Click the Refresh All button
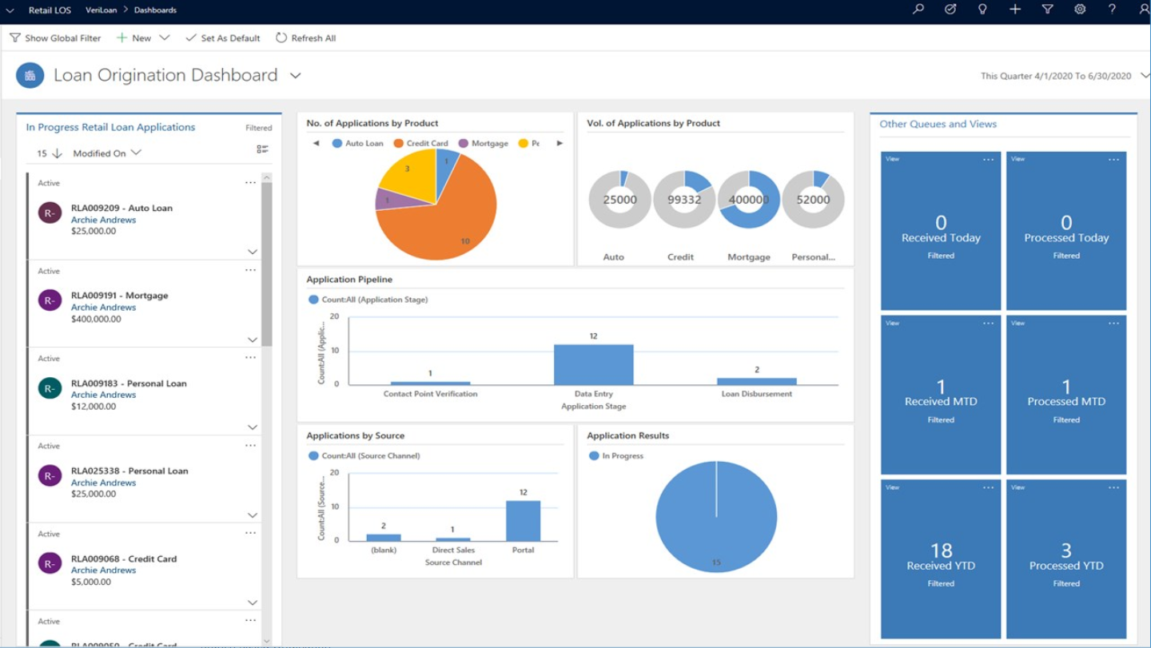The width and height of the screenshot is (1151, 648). pos(305,38)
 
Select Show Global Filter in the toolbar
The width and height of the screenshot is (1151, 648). pos(55,38)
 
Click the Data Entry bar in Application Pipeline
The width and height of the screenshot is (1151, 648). pos(593,364)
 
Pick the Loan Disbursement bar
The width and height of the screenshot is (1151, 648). pos(756,381)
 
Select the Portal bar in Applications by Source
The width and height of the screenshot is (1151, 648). pos(523,521)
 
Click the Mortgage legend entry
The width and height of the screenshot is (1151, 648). pos(483,143)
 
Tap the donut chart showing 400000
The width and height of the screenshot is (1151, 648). pos(749,200)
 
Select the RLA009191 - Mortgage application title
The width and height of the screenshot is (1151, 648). pos(119,296)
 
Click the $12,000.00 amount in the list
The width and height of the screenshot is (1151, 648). pos(94,407)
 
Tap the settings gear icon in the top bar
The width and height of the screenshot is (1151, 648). pos(1080,10)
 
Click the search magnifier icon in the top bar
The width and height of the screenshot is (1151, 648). pos(918,10)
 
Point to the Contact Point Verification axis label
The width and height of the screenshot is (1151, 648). pos(430,394)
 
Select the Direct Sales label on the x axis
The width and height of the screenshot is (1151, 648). pos(453,551)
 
